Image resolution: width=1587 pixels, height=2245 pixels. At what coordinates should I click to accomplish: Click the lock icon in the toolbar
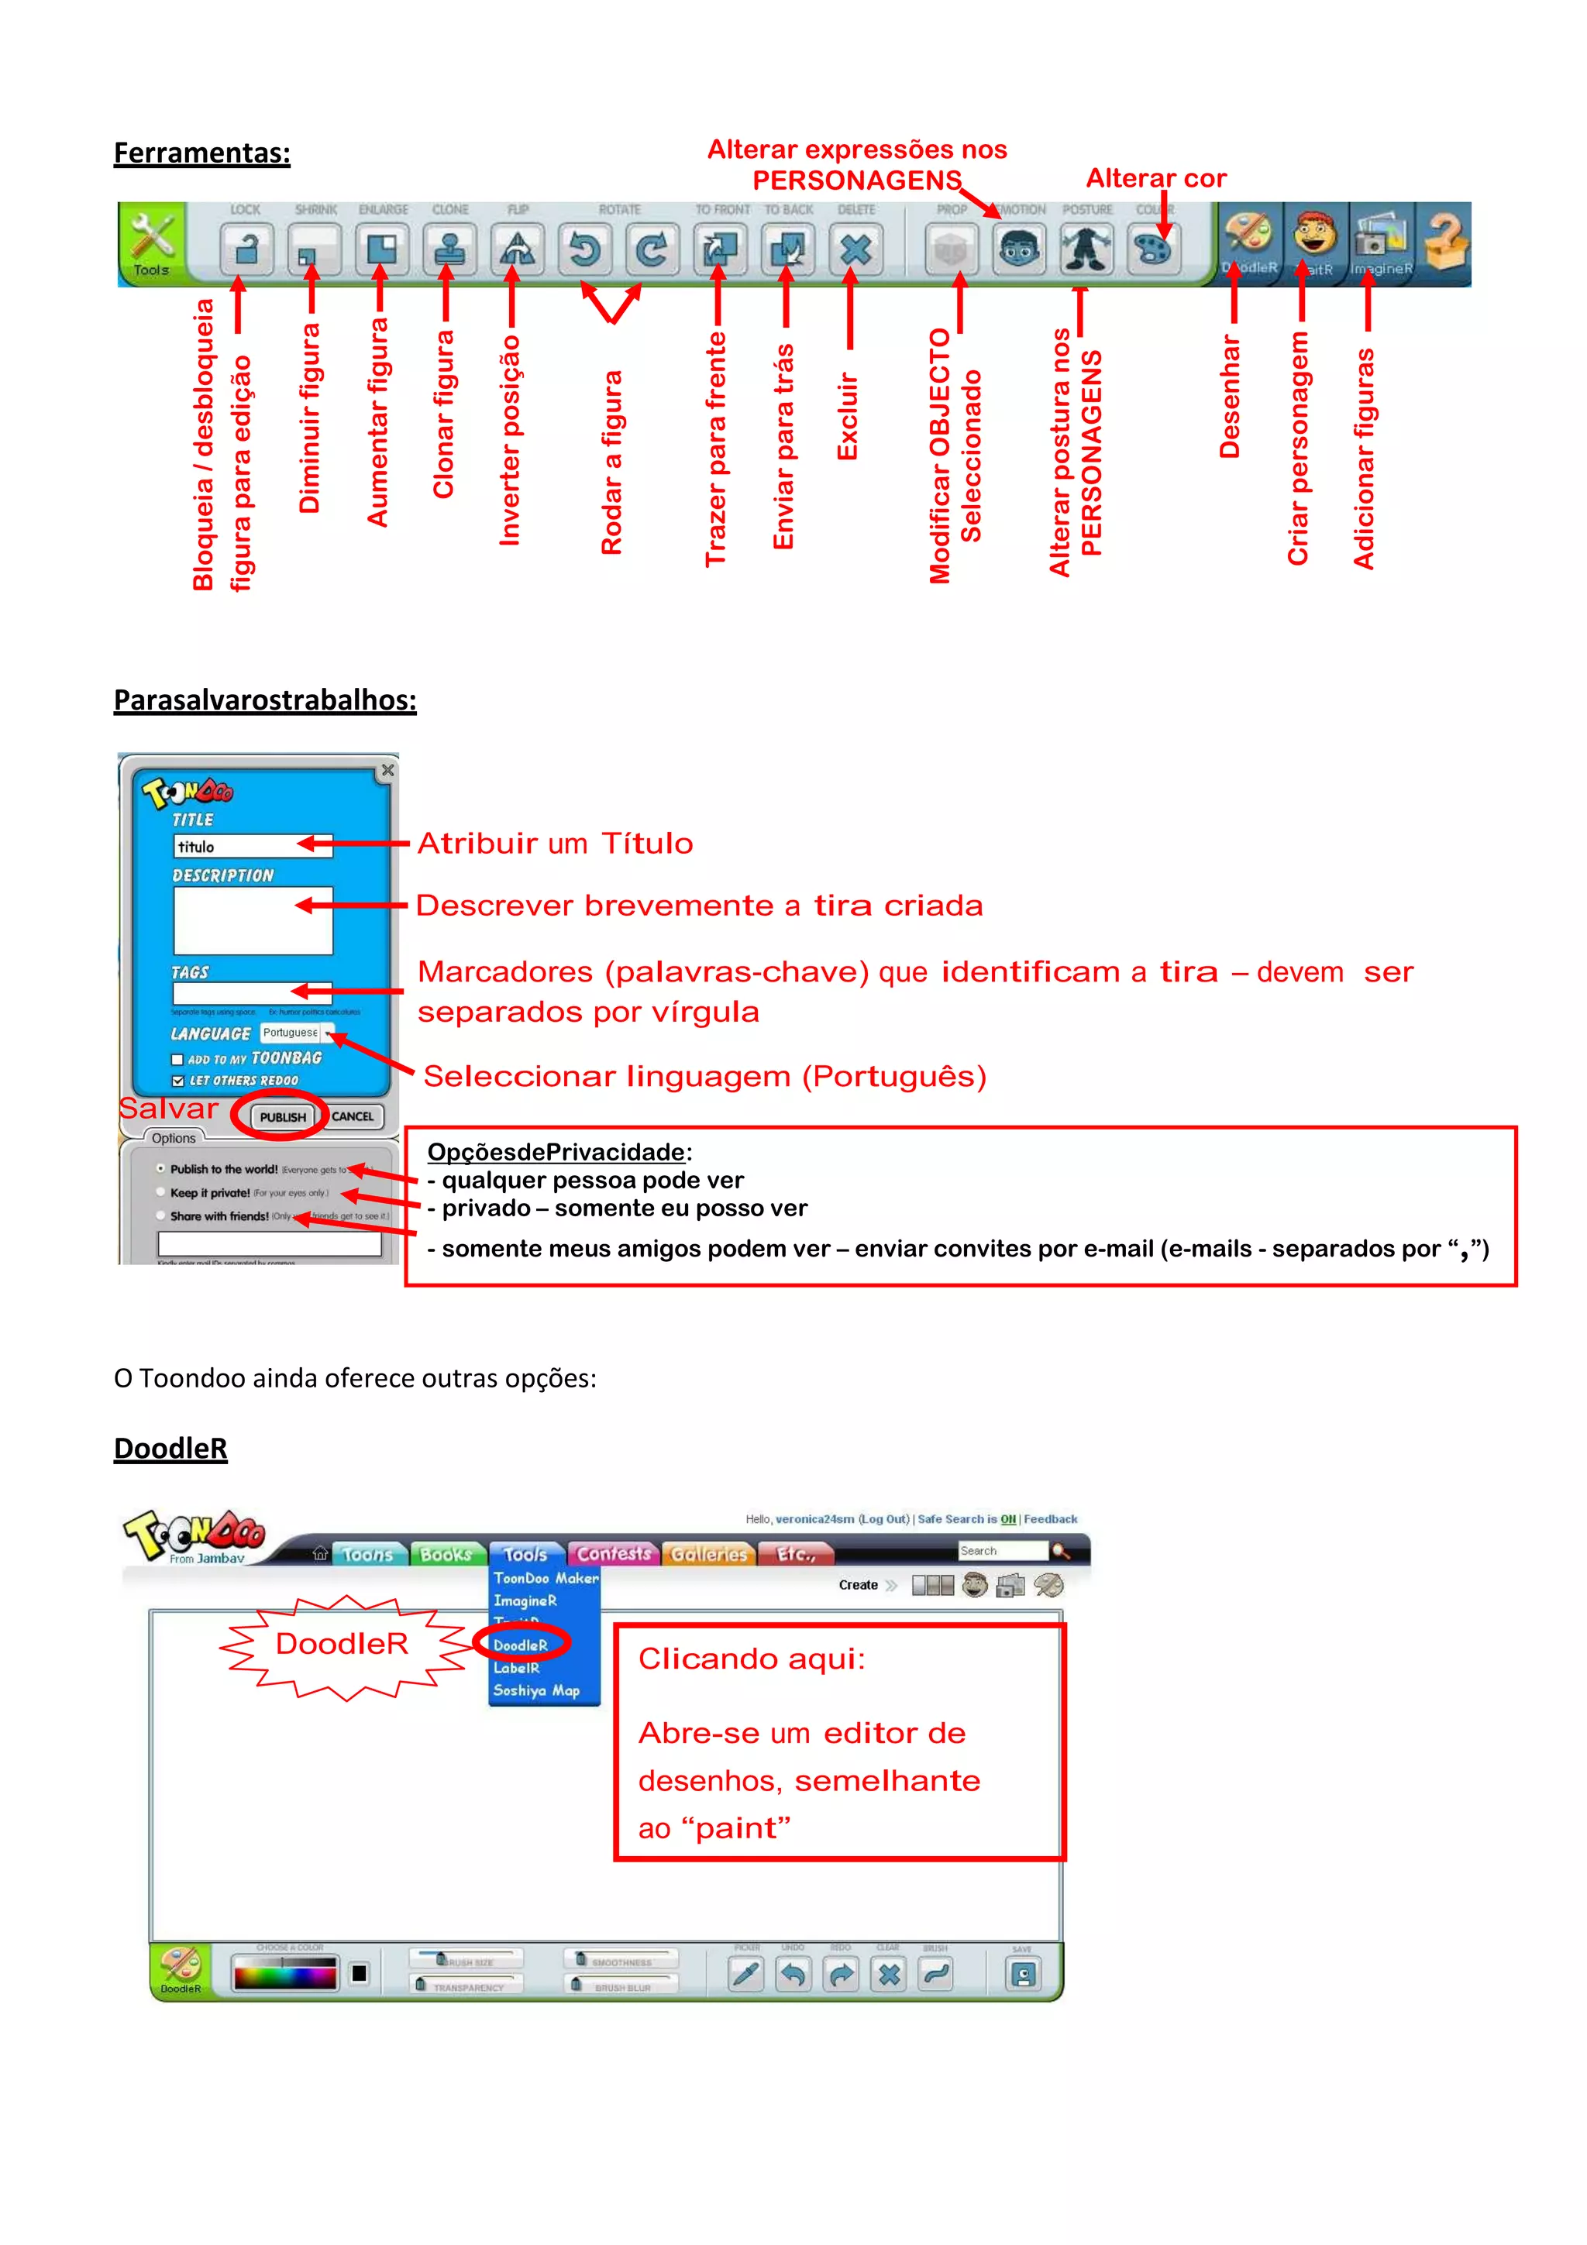click(246, 249)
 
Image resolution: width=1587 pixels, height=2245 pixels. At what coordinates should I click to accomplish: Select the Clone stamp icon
click(449, 249)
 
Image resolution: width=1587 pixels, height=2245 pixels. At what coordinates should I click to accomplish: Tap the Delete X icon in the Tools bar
click(855, 249)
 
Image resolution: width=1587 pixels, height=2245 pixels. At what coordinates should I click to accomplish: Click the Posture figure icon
click(1086, 249)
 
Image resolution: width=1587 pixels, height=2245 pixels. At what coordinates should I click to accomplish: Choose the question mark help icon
click(1445, 242)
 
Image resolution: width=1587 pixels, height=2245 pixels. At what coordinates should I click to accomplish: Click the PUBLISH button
click(283, 1116)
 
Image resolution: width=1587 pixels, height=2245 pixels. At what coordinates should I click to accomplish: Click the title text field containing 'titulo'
click(253, 847)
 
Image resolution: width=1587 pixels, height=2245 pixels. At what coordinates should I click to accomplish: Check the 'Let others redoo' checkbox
click(178, 1081)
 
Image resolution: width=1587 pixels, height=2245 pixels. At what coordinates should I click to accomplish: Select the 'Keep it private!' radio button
click(161, 1193)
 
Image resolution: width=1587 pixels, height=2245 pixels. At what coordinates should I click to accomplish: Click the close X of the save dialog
click(387, 771)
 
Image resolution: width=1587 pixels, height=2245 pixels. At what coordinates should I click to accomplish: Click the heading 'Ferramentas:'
click(201, 153)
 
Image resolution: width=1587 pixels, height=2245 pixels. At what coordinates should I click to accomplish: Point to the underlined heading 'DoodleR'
click(170, 1448)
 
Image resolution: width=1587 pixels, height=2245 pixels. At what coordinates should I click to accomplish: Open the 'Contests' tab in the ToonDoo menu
click(613, 1554)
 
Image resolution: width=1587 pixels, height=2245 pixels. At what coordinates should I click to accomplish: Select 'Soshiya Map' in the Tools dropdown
click(535, 1690)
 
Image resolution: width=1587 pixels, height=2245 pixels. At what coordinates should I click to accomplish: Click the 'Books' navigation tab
click(446, 1555)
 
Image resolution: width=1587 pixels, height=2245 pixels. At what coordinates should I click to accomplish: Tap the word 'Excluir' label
click(848, 417)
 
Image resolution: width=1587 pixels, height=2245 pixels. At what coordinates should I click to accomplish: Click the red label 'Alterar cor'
click(1156, 179)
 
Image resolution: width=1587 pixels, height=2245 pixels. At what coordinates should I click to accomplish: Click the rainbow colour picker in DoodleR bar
click(284, 1974)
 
